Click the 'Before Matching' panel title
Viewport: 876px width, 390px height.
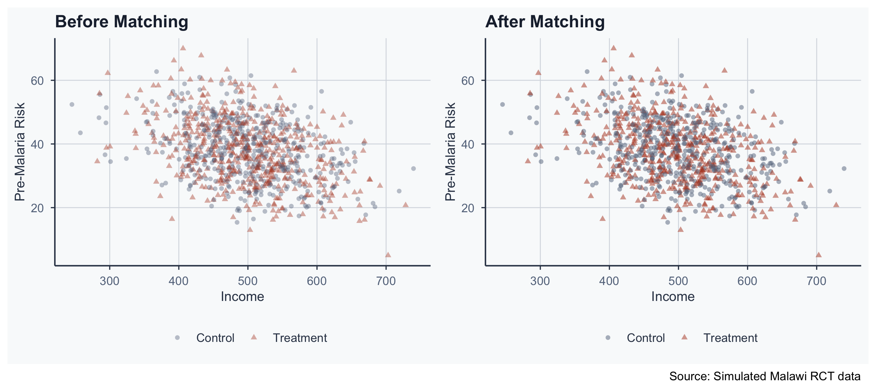point(121,22)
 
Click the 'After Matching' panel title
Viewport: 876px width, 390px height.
point(545,22)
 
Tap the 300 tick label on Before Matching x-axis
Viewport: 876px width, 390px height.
point(110,281)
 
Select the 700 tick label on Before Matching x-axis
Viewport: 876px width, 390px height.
point(386,281)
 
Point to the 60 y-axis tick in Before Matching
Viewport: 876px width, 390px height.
point(37,81)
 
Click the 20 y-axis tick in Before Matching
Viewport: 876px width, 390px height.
point(37,208)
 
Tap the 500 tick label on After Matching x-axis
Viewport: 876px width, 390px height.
point(678,281)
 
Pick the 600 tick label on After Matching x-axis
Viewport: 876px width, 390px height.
point(747,281)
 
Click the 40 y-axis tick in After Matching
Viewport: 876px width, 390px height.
point(468,144)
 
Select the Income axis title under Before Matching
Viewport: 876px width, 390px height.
point(242,297)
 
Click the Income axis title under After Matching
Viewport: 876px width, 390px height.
point(673,297)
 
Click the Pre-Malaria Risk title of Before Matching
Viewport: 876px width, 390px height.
point(20,152)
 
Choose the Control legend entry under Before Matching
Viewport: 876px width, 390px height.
point(215,338)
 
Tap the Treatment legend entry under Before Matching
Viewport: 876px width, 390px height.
point(299,338)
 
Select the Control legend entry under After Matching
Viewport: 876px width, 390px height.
point(645,338)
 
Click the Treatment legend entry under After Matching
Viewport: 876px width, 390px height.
point(730,338)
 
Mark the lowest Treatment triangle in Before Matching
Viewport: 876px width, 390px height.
point(388,255)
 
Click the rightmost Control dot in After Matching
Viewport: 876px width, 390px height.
point(844,169)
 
